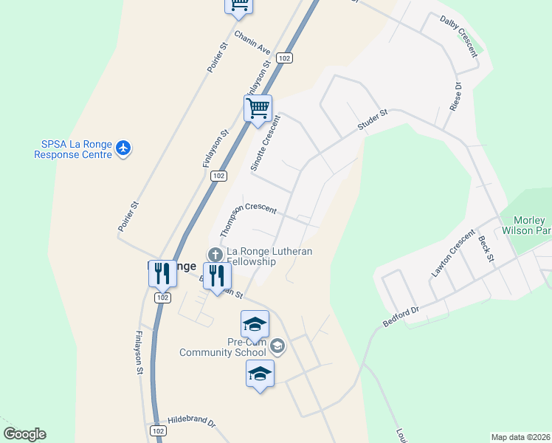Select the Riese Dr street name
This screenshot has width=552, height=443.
click(x=456, y=97)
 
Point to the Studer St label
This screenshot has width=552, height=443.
click(x=372, y=122)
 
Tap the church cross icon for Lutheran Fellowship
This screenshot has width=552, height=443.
click(x=215, y=255)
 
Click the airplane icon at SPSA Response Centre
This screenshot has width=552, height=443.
click(x=123, y=149)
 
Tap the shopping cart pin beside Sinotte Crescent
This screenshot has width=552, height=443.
click(x=258, y=109)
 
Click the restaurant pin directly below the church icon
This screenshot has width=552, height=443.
click(x=217, y=276)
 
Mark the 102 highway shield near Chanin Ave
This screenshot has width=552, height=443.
click(x=284, y=58)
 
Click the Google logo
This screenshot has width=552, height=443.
click(x=24, y=434)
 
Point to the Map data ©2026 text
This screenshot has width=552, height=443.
click(x=520, y=436)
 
